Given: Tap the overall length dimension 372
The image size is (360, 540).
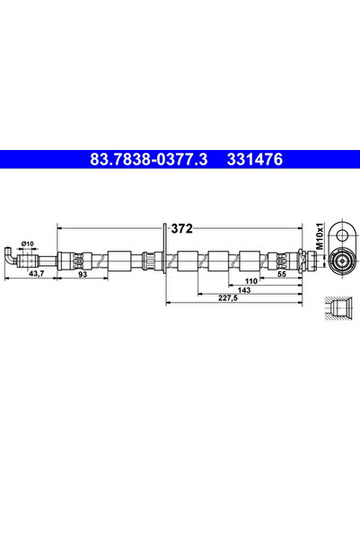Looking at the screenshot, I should tap(182, 228).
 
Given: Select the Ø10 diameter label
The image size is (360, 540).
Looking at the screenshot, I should tap(27, 243).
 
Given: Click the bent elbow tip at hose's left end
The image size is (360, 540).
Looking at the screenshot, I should tap(6, 256).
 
